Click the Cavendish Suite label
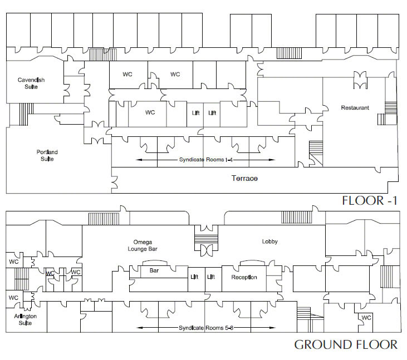click(x=31, y=83)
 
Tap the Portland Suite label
click(x=47, y=155)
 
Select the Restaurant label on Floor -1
click(x=355, y=107)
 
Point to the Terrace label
click(x=244, y=178)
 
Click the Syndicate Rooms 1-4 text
click(x=206, y=160)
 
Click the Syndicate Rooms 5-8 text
click(x=206, y=328)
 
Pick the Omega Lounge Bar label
click(x=143, y=245)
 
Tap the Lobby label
click(x=269, y=241)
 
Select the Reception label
click(x=244, y=277)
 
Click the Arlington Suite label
click(x=25, y=319)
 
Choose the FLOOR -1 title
click(x=370, y=200)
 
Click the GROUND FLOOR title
click(x=346, y=344)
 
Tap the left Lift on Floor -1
click(x=196, y=113)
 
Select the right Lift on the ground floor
click(x=211, y=277)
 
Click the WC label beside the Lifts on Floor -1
click(x=150, y=112)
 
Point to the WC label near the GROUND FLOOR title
click(x=366, y=318)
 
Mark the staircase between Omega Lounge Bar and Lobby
click(x=207, y=239)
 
